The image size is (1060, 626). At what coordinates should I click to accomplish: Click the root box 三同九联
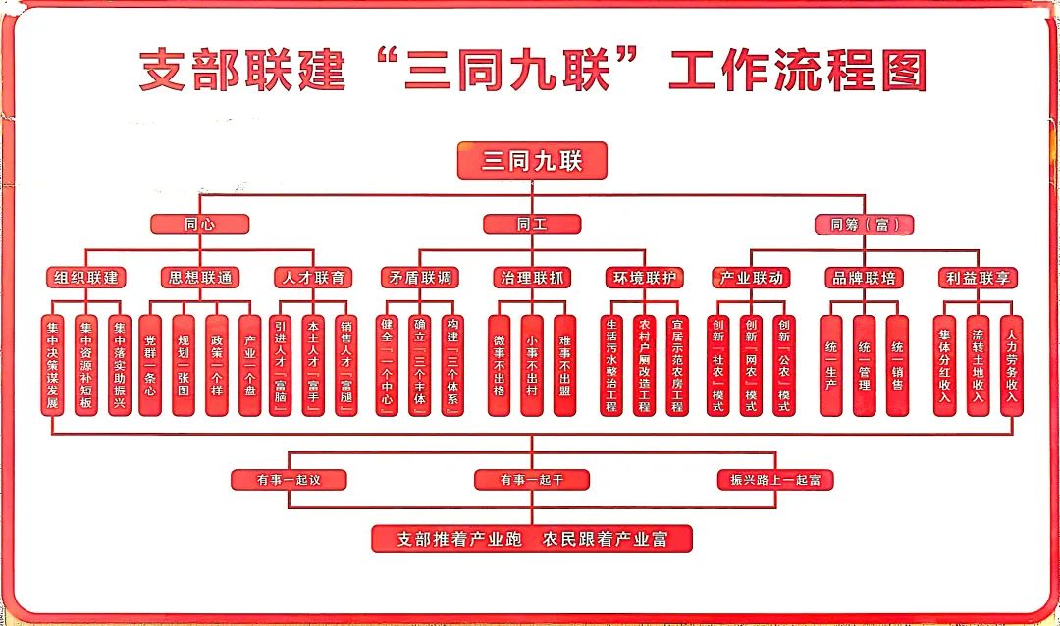(x=531, y=161)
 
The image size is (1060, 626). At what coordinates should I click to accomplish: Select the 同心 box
(x=199, y=224)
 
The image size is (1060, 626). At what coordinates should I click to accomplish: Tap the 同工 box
(x=531, y=224)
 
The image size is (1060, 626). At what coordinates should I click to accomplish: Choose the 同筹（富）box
(x=864, y=225)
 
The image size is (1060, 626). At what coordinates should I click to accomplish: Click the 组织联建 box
(x=87, y=278)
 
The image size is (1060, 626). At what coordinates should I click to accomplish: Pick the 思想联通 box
(x=200, y=278)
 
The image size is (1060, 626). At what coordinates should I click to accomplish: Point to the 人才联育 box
(x=312, y=278)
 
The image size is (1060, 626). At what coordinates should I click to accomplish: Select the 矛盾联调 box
(x=420, y=278)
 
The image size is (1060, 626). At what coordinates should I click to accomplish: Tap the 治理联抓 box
(x=531, y=278)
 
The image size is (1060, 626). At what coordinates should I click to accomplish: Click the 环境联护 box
(x=643, y=278)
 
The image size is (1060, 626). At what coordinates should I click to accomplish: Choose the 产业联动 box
(x=752, y=278)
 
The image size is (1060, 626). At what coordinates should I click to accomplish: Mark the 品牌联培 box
(x=864, y=278)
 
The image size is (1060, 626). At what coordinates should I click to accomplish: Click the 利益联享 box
(x=976, y=278)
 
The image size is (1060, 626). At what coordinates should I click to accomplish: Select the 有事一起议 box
(x=289, y=480)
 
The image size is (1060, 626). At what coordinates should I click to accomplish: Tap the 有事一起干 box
(x=531, y=480)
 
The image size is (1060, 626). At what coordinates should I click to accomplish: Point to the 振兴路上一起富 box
(x=774, y=480)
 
